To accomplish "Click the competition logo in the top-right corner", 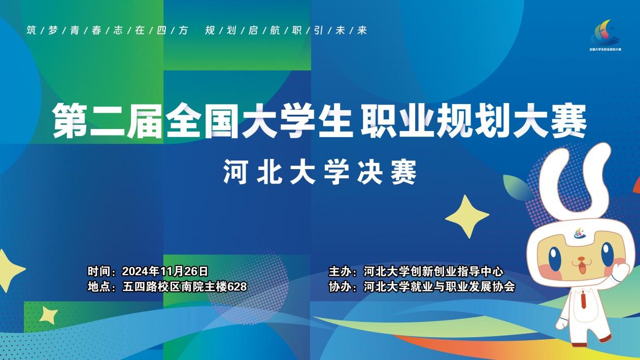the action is point(605,35).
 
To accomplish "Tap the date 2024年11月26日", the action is point(165,271).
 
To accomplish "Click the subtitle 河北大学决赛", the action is point(320,172).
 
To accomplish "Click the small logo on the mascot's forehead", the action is point(580,234).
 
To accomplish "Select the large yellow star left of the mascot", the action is point(467,216).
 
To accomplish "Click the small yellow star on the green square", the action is point(48,315).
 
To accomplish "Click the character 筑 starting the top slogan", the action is point(31,30).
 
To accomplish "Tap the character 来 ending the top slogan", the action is point(362,30).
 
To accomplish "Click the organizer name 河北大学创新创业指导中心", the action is point(433,271).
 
